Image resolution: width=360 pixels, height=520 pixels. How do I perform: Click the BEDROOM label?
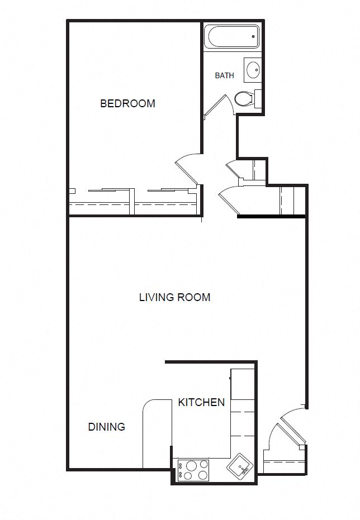tap(127, 103)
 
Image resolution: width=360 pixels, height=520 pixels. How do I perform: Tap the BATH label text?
tap(224, 75)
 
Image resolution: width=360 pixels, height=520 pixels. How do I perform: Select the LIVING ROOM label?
tap(174, 297)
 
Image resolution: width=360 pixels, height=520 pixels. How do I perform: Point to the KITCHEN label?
tap(201, 402)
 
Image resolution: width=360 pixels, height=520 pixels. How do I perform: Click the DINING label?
tap(106, 427)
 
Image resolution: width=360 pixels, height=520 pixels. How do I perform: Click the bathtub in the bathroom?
tap(231, 37)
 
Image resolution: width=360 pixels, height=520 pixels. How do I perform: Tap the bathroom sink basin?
tap(253, 70)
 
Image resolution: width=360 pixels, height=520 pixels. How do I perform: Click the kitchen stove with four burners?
tap(192, 470)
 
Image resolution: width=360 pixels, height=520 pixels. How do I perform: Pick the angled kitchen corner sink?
tap(241, 465)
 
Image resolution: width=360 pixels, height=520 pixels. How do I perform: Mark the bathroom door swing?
tap(218, 106)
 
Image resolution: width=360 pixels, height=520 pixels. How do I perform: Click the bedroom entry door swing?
tap(188, 168)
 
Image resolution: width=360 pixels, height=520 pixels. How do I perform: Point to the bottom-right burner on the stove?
tap(202, 476)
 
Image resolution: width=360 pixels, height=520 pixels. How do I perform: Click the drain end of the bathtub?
tap(253, 37)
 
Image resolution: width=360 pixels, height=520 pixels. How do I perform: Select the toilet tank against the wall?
tap(258, 99)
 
